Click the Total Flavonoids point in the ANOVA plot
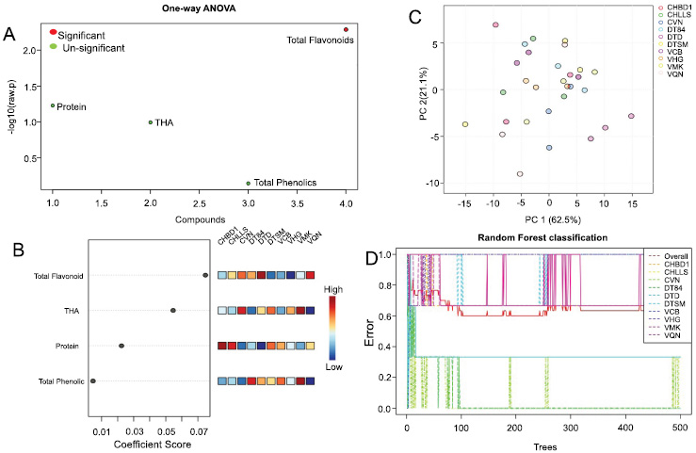tap(346, 29)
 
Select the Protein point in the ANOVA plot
tap(53, 105)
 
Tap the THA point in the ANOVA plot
tap(150, 121)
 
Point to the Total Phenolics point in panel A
tap(248, 183)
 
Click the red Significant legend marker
tap(54, 33)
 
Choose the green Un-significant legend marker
tap(54, 45)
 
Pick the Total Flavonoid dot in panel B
tap(205, 275)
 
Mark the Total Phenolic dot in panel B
tap(92, 381)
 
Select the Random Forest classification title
tap(542, 236)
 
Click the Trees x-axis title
tap(543, 445)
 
